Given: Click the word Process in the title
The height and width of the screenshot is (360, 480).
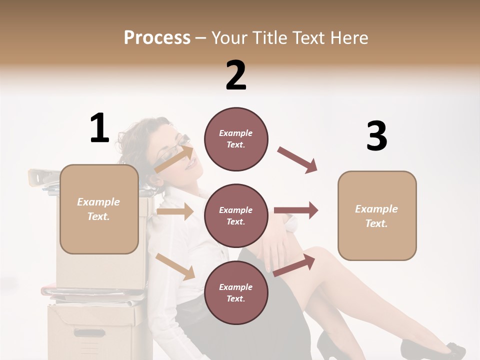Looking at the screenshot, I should pyautogui.click(x=157, y=37).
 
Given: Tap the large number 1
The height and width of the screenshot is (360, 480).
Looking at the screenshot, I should pyautogui.click(x=99, y=128).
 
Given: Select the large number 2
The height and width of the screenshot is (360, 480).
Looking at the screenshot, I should pyautogui.click(x=236, y=75).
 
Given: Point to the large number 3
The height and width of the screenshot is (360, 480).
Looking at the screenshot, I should pyautogui.click(x=376, y=136).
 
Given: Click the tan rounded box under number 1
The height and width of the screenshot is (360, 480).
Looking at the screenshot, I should pyautogui.click(x=99, y=209).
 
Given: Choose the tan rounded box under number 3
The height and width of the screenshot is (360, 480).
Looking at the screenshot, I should pyautogui.click(x=377, y=215).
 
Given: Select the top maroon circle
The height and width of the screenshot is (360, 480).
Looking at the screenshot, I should pyautogui.click(x=236, y=139).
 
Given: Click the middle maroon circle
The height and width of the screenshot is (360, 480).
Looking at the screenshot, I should pyautogui.click(x=236, y=215).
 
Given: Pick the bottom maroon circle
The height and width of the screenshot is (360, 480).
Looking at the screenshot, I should pyautogui.click(x=236, y=292).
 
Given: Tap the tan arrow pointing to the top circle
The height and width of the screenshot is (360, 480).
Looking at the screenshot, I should pyautogui.click(x=174, y=158).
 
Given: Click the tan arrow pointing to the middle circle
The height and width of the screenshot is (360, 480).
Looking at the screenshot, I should pyautogui.click(x=175, y=211).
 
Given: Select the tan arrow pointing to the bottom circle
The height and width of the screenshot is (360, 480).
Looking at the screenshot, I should pyautogui.click(x=175, y=266).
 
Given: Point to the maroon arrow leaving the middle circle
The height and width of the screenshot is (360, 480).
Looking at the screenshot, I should pyautogui.click(x=296, y=210).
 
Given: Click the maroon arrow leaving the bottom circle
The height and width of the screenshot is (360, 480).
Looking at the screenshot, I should pyautogui.click(x=294, y=265).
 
